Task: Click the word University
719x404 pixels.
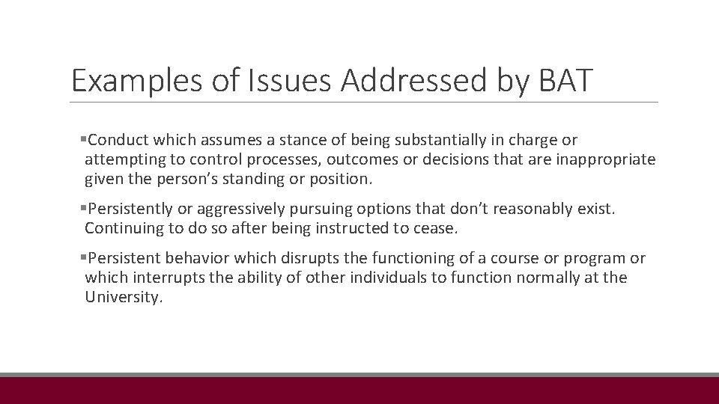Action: coord(123,297)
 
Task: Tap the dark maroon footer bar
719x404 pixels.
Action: coord(359,391)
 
